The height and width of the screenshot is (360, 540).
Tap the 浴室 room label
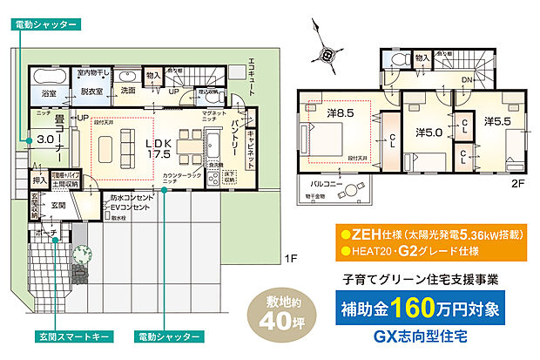pyautogui.click(x=49, y=92)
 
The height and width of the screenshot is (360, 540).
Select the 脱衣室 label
pyautogui.click(x=92, y=91)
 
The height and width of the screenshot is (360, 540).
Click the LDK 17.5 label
pyautogui.click(x=158, y=146)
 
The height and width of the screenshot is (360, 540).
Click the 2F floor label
pyautogui.click(x=518, y=183)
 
